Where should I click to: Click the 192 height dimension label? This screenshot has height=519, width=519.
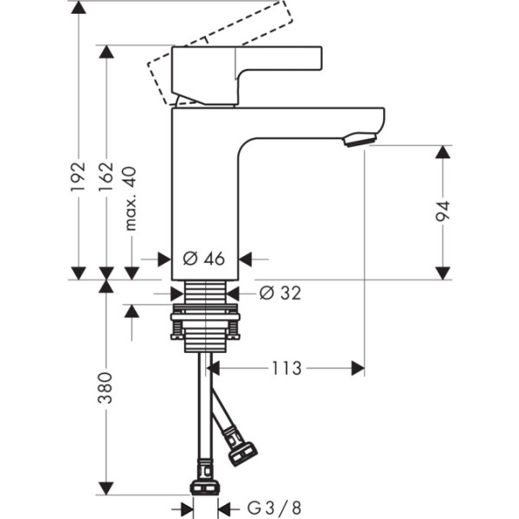[x=79, y=176]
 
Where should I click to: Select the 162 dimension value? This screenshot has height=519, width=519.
[x=106, y=176]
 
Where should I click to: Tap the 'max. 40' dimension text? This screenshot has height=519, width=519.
[x=131, y=197]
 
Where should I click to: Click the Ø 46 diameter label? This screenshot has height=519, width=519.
[x=204, y=259]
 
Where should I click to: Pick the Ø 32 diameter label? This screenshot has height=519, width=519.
[x=280, y=293]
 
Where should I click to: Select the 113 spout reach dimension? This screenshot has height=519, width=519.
[x=286, y=368]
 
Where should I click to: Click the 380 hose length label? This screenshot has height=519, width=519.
[x=106, y=389]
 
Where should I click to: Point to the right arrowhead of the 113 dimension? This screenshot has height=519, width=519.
[x=356, y=369]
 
